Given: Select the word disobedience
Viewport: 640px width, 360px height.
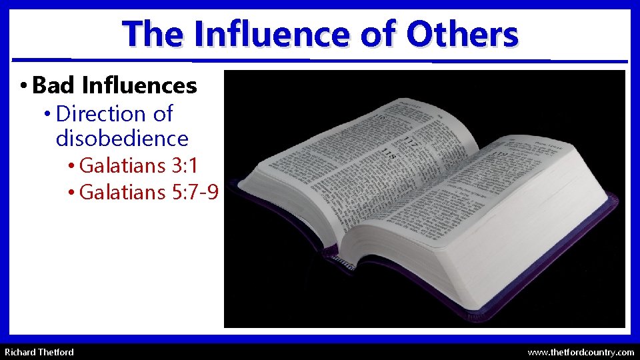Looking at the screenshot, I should click(x=122, y=139).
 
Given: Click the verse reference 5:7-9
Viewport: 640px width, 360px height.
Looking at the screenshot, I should click(x=195, y=192).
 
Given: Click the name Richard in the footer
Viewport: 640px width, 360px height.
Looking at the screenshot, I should click(x=21, y=351).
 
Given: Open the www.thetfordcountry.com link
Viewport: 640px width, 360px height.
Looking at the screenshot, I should click(x=581, y=351).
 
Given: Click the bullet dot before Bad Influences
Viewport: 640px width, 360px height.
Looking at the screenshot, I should click(x=23, y=86).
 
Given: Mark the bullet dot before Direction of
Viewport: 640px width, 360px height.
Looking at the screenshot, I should click(x=47, y=115).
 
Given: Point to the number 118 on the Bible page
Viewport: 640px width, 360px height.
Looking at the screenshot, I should click(x=388, y=155).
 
